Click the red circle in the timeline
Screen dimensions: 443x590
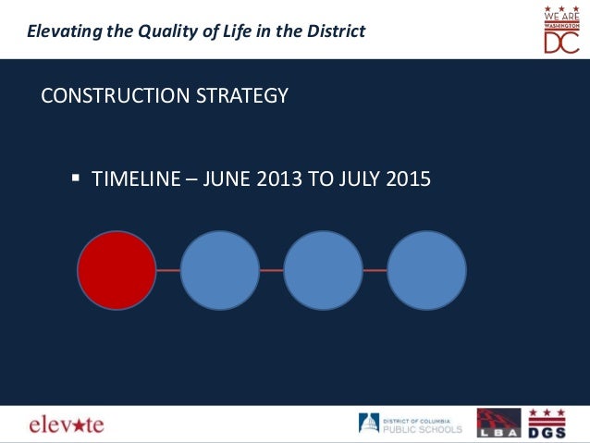pyautogui.click(x=117, y=270)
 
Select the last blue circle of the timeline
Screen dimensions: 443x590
pyautogui.click(x=426, y=270)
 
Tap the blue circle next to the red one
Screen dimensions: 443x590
pyautogui.click(x=220, y=270)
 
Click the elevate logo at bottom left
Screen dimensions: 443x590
pyautogui.click(x=66, y=425)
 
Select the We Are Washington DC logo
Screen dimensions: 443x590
pyautogui.click(x=560, y=29)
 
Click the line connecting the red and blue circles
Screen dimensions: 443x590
pyautogui.click(x=168, y=270)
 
